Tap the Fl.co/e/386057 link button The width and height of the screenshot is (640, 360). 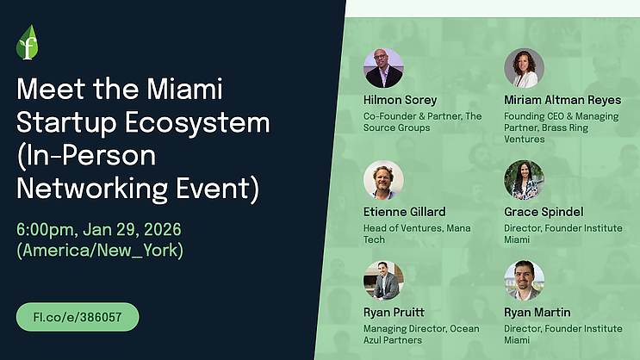coord(78,316)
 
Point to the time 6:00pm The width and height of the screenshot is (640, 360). coord(50,231)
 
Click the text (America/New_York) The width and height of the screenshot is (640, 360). coord(100,251)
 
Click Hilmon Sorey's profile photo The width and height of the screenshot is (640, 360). coord(383,68)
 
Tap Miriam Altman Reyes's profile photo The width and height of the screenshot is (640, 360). coord(524,68)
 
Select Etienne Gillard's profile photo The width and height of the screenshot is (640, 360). coord(383,180)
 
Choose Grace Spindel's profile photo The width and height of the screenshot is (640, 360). coord(524,180)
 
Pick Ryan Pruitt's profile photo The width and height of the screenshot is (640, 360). coord(383,281)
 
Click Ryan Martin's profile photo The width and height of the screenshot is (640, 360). coord(524,281)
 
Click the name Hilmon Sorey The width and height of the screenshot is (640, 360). coord(401,100)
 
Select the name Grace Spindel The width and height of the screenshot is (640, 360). coord(544,211)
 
